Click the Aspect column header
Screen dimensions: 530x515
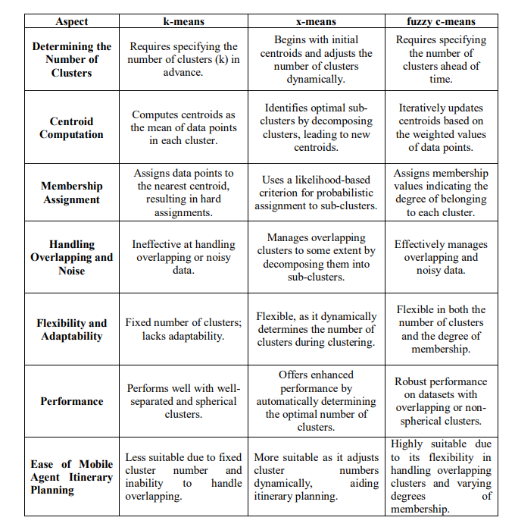point(72,21)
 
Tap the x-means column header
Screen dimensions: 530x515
point(317,21)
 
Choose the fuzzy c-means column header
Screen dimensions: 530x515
point(441,21)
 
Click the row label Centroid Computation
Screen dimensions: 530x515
point(72,127)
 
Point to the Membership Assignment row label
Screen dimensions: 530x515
point(72,193)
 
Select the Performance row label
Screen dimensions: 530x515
point(72,401)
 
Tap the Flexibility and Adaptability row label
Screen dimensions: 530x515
point(72,329)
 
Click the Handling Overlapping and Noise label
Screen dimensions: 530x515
point(72,257)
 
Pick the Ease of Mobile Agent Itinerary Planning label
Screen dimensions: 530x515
point(72,477)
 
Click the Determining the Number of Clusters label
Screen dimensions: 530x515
point(72,59)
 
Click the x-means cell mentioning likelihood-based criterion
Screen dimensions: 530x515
point(317,193)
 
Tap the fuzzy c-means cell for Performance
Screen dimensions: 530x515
point(441,401)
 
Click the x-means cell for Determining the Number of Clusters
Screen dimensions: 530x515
point(317,60)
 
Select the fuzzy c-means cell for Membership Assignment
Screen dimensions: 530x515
point(441,193)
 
